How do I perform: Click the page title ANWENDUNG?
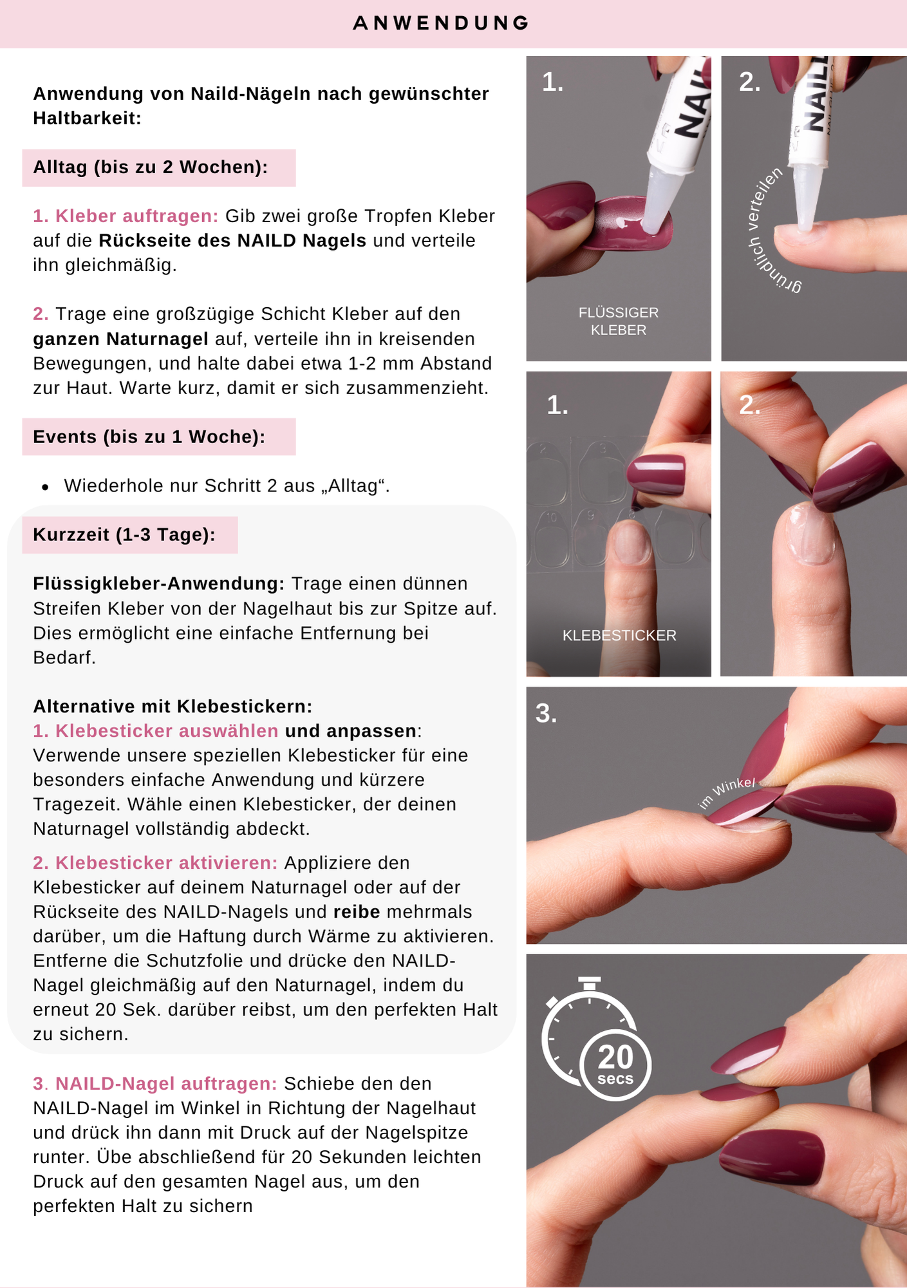[x=441, y=23]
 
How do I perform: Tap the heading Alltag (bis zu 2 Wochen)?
[x=151, y=167]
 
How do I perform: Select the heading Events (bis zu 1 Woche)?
[x=149, y=437]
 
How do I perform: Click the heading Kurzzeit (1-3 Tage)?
[x=124, y=535]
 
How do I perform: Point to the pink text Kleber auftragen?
[x=137, y=216]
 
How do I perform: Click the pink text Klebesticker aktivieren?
[x=166, y=863]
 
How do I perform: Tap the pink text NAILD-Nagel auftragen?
[x=166, y=1084]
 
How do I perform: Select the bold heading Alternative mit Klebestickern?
[x=173, y=706]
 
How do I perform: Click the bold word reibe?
[x=357, y=912]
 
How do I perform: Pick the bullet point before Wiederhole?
[x=45, y=488]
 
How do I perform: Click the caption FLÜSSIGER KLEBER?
[x=619, y=321]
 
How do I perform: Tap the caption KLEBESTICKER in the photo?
[x=619, y=636]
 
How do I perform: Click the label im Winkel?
[x=727, y=793]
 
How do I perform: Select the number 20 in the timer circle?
[x=615, y=1057]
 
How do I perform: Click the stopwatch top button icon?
[x=590, y=984]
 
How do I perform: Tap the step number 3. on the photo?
[x=547, y=714]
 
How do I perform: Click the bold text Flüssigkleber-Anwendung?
[x=159, y=584]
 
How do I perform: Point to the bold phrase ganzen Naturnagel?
[x=121, y=339]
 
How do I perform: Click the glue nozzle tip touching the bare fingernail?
[x=805, y=227]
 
